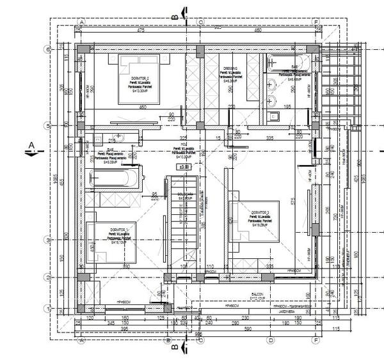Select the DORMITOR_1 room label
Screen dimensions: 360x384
[119, 230]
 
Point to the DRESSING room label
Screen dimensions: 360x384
[230, 68]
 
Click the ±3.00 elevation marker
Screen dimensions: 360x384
[185, 167]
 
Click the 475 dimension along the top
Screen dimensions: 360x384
[138, 29]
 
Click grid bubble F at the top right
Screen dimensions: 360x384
[316, 21]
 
